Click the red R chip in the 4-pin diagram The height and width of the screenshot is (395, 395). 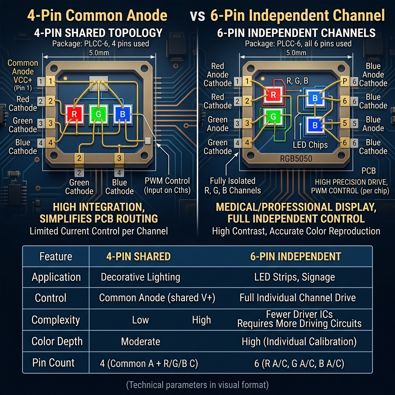[74, 114]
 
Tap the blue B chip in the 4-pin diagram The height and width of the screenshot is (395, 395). [122, 114]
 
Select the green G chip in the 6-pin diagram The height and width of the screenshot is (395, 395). [273, 116]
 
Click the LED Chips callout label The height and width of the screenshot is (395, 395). [310, 145]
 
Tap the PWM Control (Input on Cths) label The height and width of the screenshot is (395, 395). [167, 185]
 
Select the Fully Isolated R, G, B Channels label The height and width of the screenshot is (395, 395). [233, 185]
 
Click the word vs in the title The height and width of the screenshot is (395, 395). [198, 15]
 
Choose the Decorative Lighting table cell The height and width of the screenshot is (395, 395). [140, 277]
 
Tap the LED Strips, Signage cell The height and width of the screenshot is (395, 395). [295, 277]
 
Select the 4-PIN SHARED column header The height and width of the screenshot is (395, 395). [138, 257]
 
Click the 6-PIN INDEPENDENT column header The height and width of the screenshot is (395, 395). [296, 257]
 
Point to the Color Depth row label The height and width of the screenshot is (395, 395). [57, 341]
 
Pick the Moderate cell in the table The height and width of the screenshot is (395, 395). [140, 341]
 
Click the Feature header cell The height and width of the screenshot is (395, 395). [56, 257]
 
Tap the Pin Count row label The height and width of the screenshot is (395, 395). [54, 363]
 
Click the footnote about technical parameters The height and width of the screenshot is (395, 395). [197, 385]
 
